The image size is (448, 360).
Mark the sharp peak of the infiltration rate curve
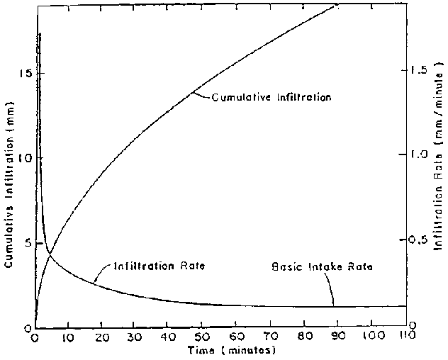(x=40, y=33)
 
